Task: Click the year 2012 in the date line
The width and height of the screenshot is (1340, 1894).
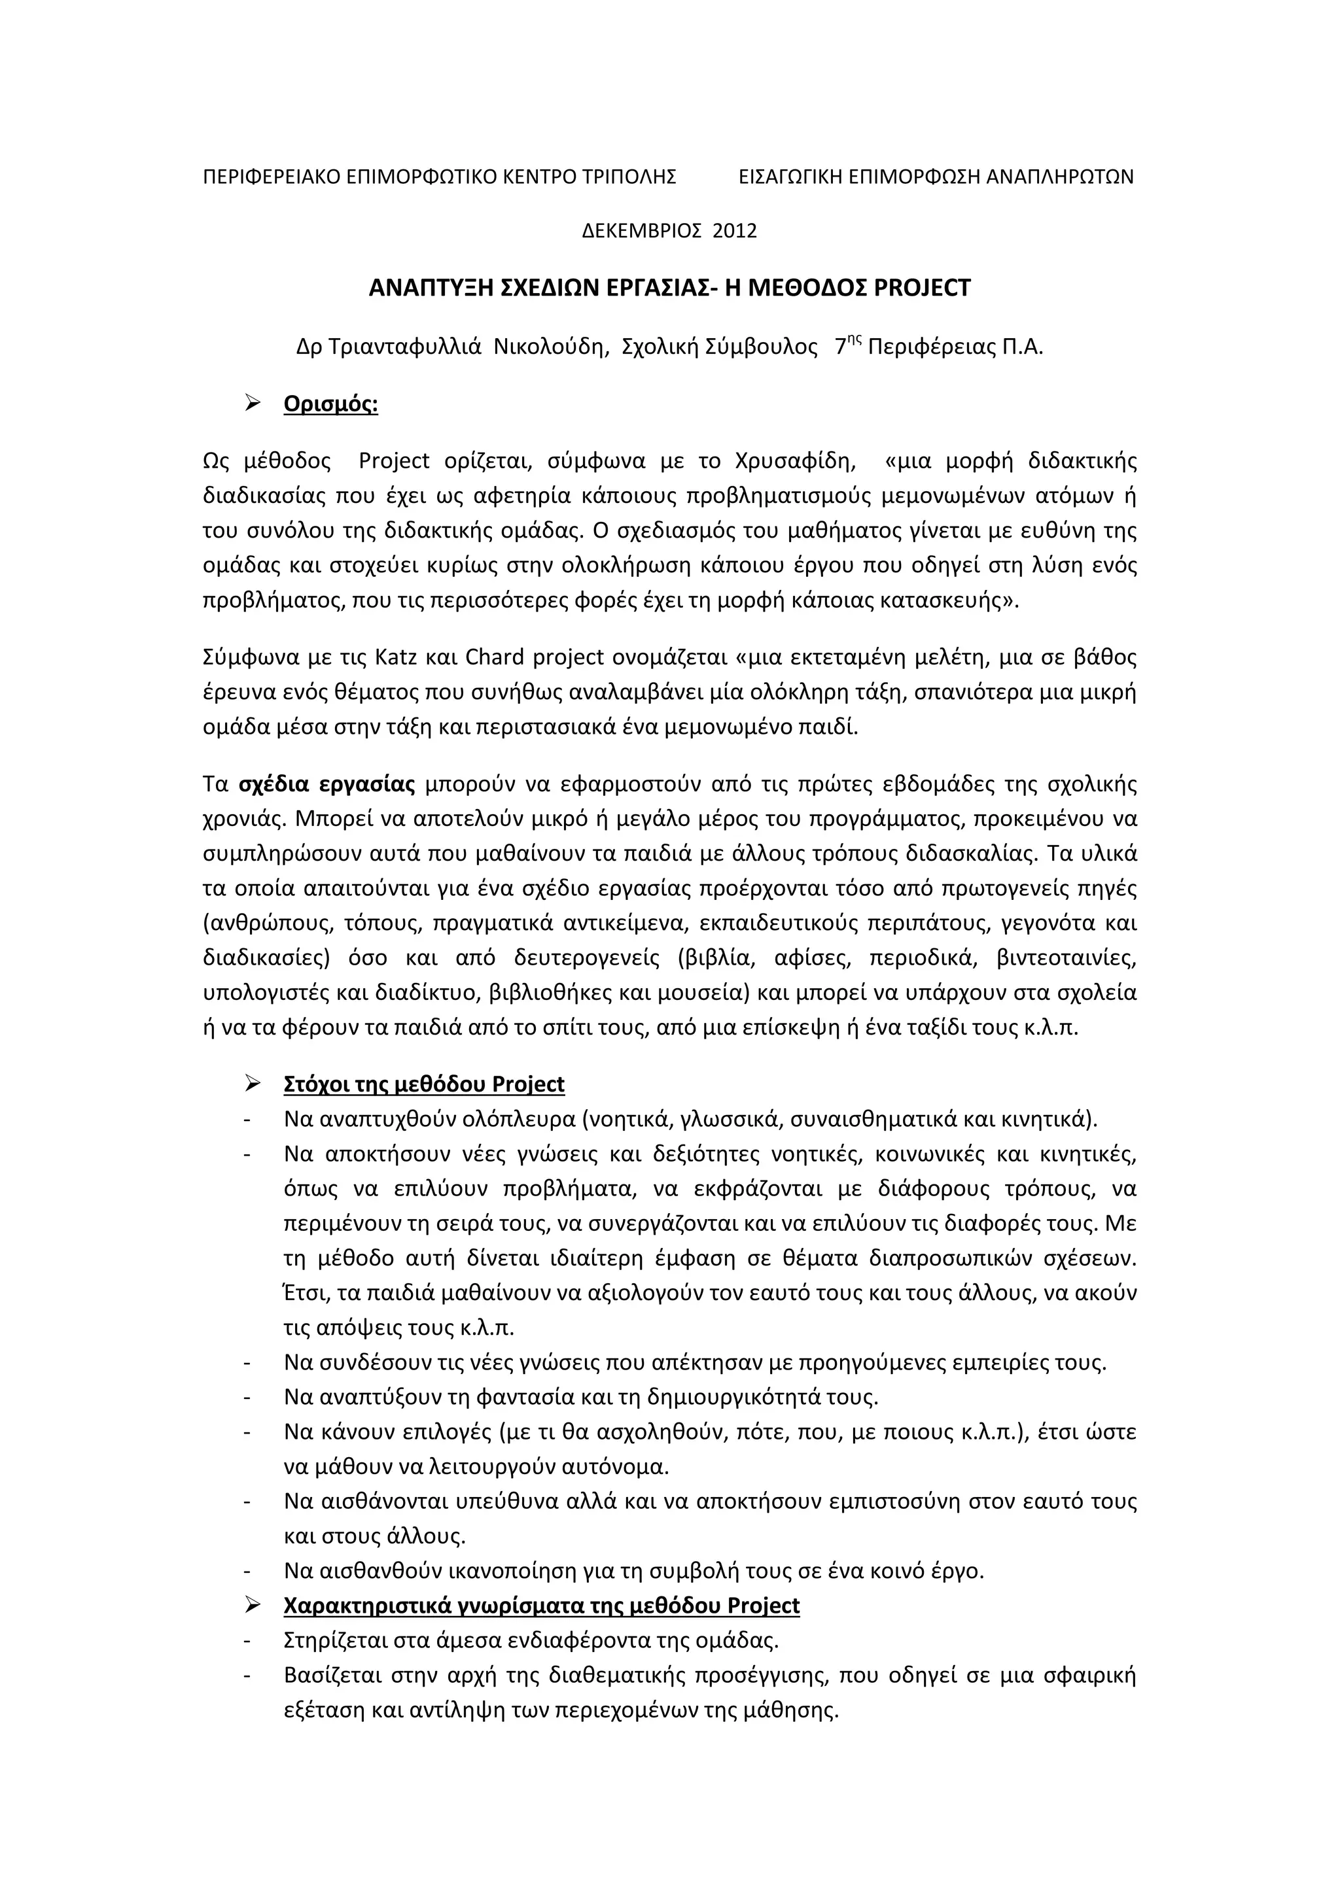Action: [734, 230]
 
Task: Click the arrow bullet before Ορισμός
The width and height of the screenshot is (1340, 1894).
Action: [253, 404]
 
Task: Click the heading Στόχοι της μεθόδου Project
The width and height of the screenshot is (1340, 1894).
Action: [424, 1084]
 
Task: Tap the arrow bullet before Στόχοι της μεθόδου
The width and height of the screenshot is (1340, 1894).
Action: [253, 1083]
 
